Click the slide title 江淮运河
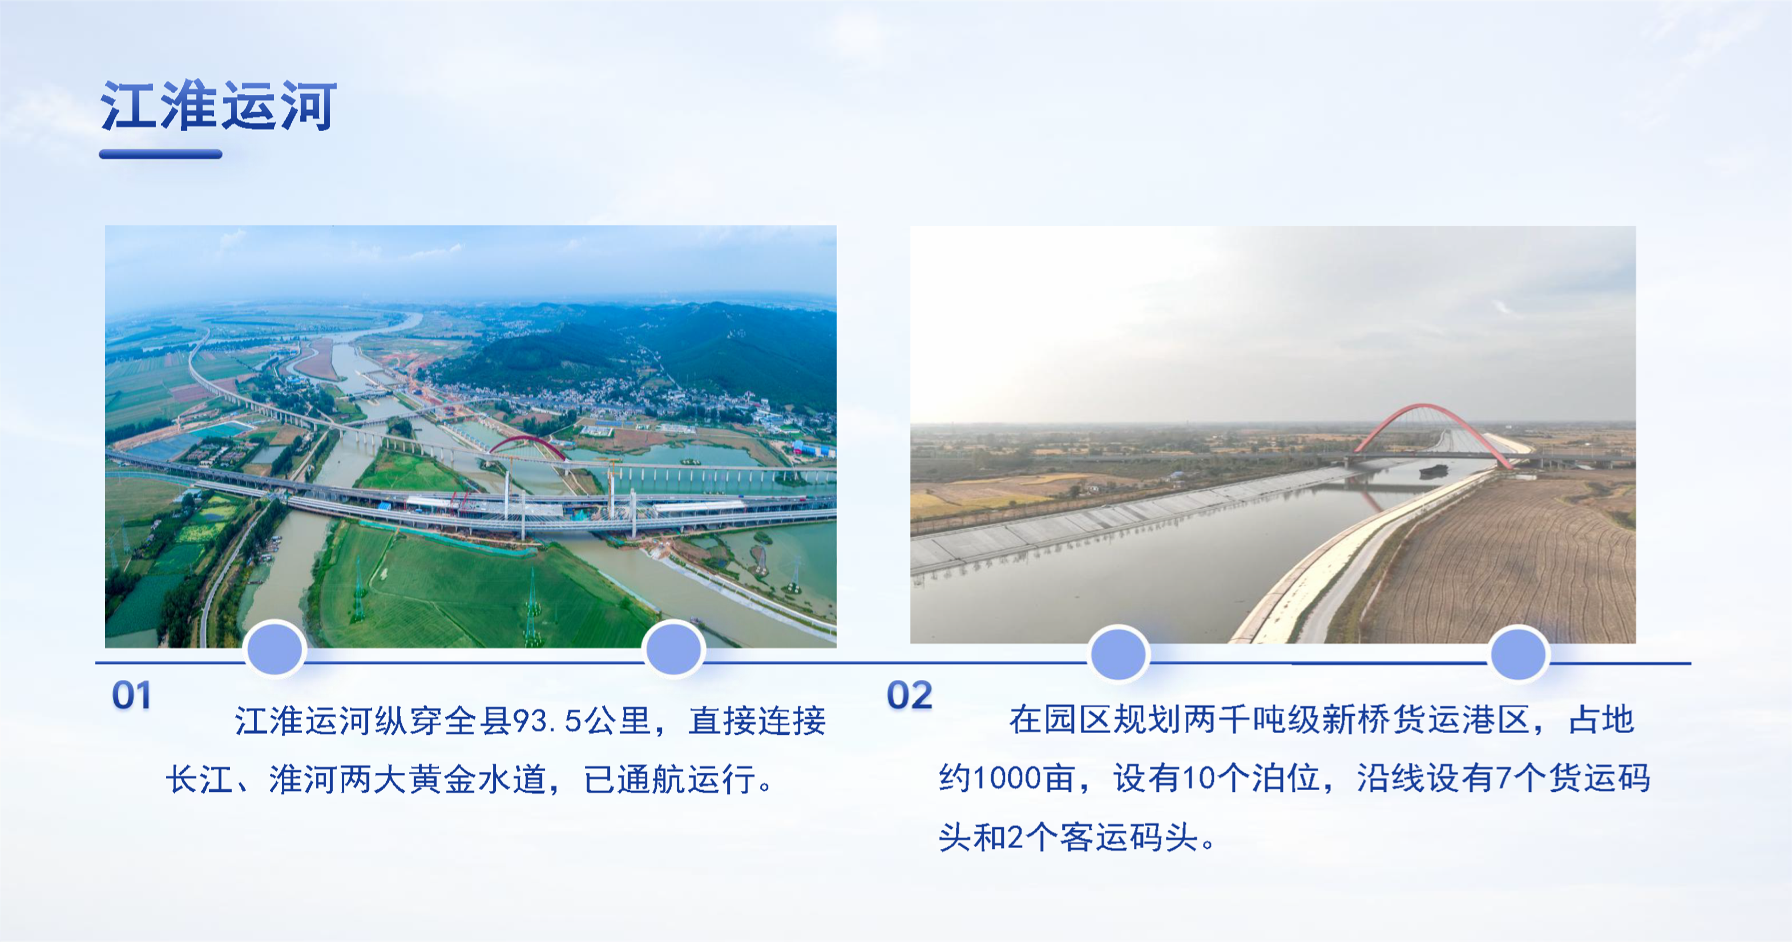point(219,106)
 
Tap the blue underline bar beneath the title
point(161,154)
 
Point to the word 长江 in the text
point(199,779)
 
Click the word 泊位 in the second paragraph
point(1286,778)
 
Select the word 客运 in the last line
point(1093,837)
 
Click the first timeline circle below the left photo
point(276,649)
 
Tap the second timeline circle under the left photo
point(673,649)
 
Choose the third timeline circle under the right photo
point(1119,653)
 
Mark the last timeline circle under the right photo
point(1519,653)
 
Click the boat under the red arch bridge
point(1434,471)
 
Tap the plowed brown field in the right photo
point(1503,563)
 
